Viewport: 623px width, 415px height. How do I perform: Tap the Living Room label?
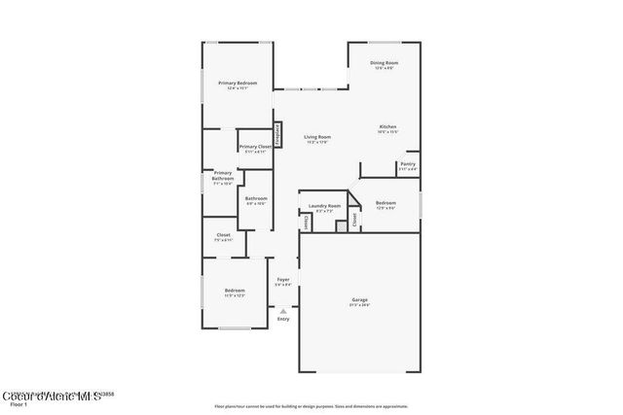(x=317, y=140)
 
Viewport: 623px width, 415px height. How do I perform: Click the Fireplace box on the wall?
(x=277, y=134)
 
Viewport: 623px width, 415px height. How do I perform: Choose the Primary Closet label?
(x=254, y=149)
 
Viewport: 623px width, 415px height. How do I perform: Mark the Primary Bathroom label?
(x=223, y=179)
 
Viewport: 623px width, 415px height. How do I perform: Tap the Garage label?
(x=360, y=301)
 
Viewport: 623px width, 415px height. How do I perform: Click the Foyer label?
(x=282, y=282)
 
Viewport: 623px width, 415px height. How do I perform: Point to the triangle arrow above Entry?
(x=283, y=311)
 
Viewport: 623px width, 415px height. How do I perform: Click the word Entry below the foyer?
(x=283, y=319)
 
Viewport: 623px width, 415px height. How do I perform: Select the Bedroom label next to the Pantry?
(x=385, y=205)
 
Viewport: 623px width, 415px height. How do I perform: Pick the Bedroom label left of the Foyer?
(x=235, y=293)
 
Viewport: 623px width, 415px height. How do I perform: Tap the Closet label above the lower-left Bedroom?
(x=223, y=237)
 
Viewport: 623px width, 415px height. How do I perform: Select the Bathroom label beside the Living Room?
(x=256, y=201)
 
